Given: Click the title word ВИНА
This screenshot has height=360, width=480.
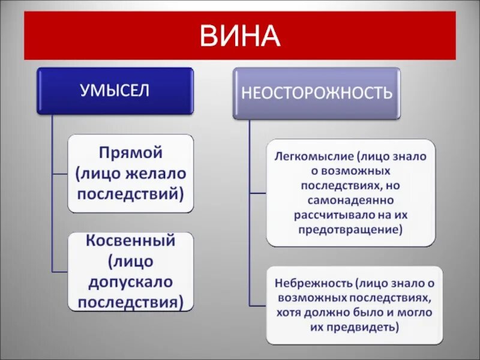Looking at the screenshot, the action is (x=239, y=36).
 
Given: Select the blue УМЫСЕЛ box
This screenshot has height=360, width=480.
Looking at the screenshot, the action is (x=115, y=91).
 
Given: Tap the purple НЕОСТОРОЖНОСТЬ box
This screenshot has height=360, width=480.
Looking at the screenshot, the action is (x=316, y=92).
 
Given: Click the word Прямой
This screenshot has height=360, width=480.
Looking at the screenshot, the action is (x=131, y=153).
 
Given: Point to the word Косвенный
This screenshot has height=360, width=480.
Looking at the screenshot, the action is (x=130, y=241).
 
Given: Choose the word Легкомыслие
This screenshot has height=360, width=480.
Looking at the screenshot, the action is (x=314, y=157).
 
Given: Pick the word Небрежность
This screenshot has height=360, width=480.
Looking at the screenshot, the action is (x=312, y=282).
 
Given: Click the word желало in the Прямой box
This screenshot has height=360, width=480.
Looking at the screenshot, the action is (x=158, y=173).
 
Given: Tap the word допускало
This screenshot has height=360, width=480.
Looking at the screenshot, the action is (x=130, y=281).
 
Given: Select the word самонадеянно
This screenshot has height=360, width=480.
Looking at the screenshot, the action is (x=352, y=199).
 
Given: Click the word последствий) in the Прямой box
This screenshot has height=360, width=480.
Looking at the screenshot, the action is (x=130, y=194).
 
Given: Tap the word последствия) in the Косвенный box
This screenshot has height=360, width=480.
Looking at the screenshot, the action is (x=130, y=301).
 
